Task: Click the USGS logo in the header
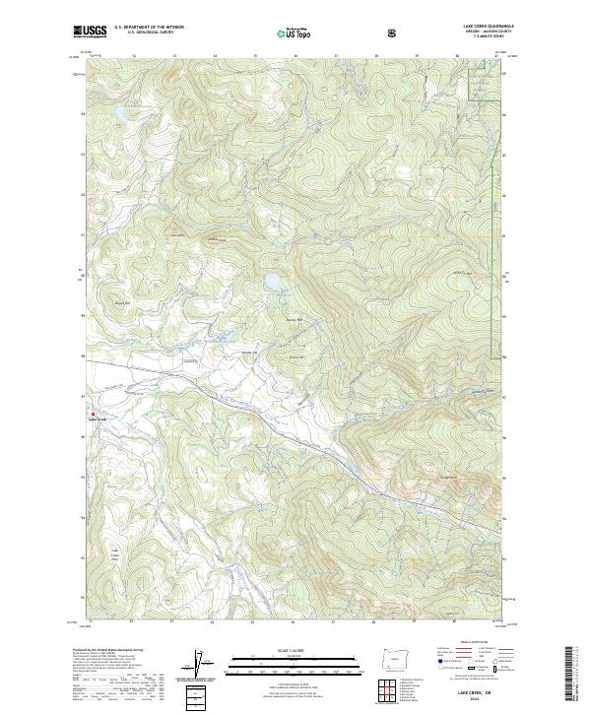[x=91, y=32]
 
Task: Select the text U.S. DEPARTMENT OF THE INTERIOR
[x=149, y=28]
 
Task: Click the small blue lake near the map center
[x=270, y=283]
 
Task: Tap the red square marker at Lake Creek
[x=94, y=414]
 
